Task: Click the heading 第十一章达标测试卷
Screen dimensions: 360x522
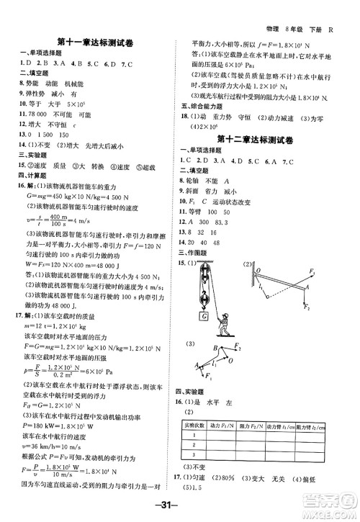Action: point(91,41)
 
